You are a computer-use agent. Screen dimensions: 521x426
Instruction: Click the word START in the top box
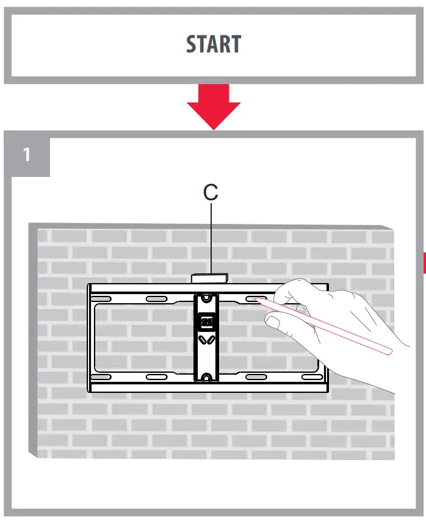(213, 45)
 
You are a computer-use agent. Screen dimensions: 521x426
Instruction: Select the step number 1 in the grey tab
(26, 155)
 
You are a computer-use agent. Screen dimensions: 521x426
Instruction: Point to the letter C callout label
(211, 192)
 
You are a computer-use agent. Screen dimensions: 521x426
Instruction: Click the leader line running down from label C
(211, 238)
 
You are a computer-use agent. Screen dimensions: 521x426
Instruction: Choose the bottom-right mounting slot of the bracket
(309, 377)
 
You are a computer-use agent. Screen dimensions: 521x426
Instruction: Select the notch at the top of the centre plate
(206, 298)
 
